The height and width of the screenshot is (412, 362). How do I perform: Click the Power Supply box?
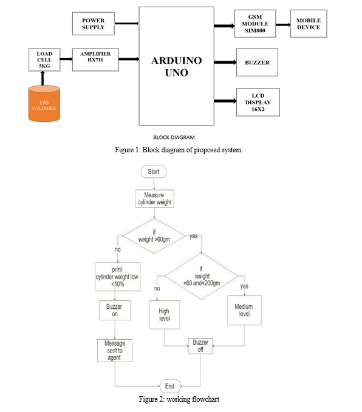click(94, 24)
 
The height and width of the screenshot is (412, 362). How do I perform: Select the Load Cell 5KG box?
click(44, 59)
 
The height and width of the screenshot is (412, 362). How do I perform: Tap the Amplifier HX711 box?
click(95, 59)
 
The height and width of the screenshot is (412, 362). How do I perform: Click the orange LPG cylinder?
click(44, 104)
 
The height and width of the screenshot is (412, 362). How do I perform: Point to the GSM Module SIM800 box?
click(255, 24)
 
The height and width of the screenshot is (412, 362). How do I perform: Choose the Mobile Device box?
click(309, 24)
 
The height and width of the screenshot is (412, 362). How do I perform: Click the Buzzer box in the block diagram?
click(257, 62)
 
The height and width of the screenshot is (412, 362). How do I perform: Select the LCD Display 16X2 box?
click(258, 102)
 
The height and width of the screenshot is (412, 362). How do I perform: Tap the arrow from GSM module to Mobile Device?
click(283, 25)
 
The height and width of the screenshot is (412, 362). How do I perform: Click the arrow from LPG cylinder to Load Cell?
click(43, 78)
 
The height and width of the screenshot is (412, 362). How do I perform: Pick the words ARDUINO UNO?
click(177, 67)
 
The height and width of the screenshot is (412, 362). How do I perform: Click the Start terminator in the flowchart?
click(154, 172)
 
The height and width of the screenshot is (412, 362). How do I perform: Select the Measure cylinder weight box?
click(155, 198)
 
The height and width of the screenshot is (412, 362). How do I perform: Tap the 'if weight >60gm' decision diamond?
click(154, 236)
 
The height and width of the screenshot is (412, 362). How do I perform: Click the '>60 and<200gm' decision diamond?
click(202, 276)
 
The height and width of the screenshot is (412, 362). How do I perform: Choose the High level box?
click(165, 315)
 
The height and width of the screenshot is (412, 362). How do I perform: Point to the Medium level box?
click(244, 310)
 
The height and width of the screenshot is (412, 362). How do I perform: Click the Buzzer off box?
click(200, 346)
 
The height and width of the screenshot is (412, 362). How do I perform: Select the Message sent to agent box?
click(115, 351)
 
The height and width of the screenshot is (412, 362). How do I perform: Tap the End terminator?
click(170, 386)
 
